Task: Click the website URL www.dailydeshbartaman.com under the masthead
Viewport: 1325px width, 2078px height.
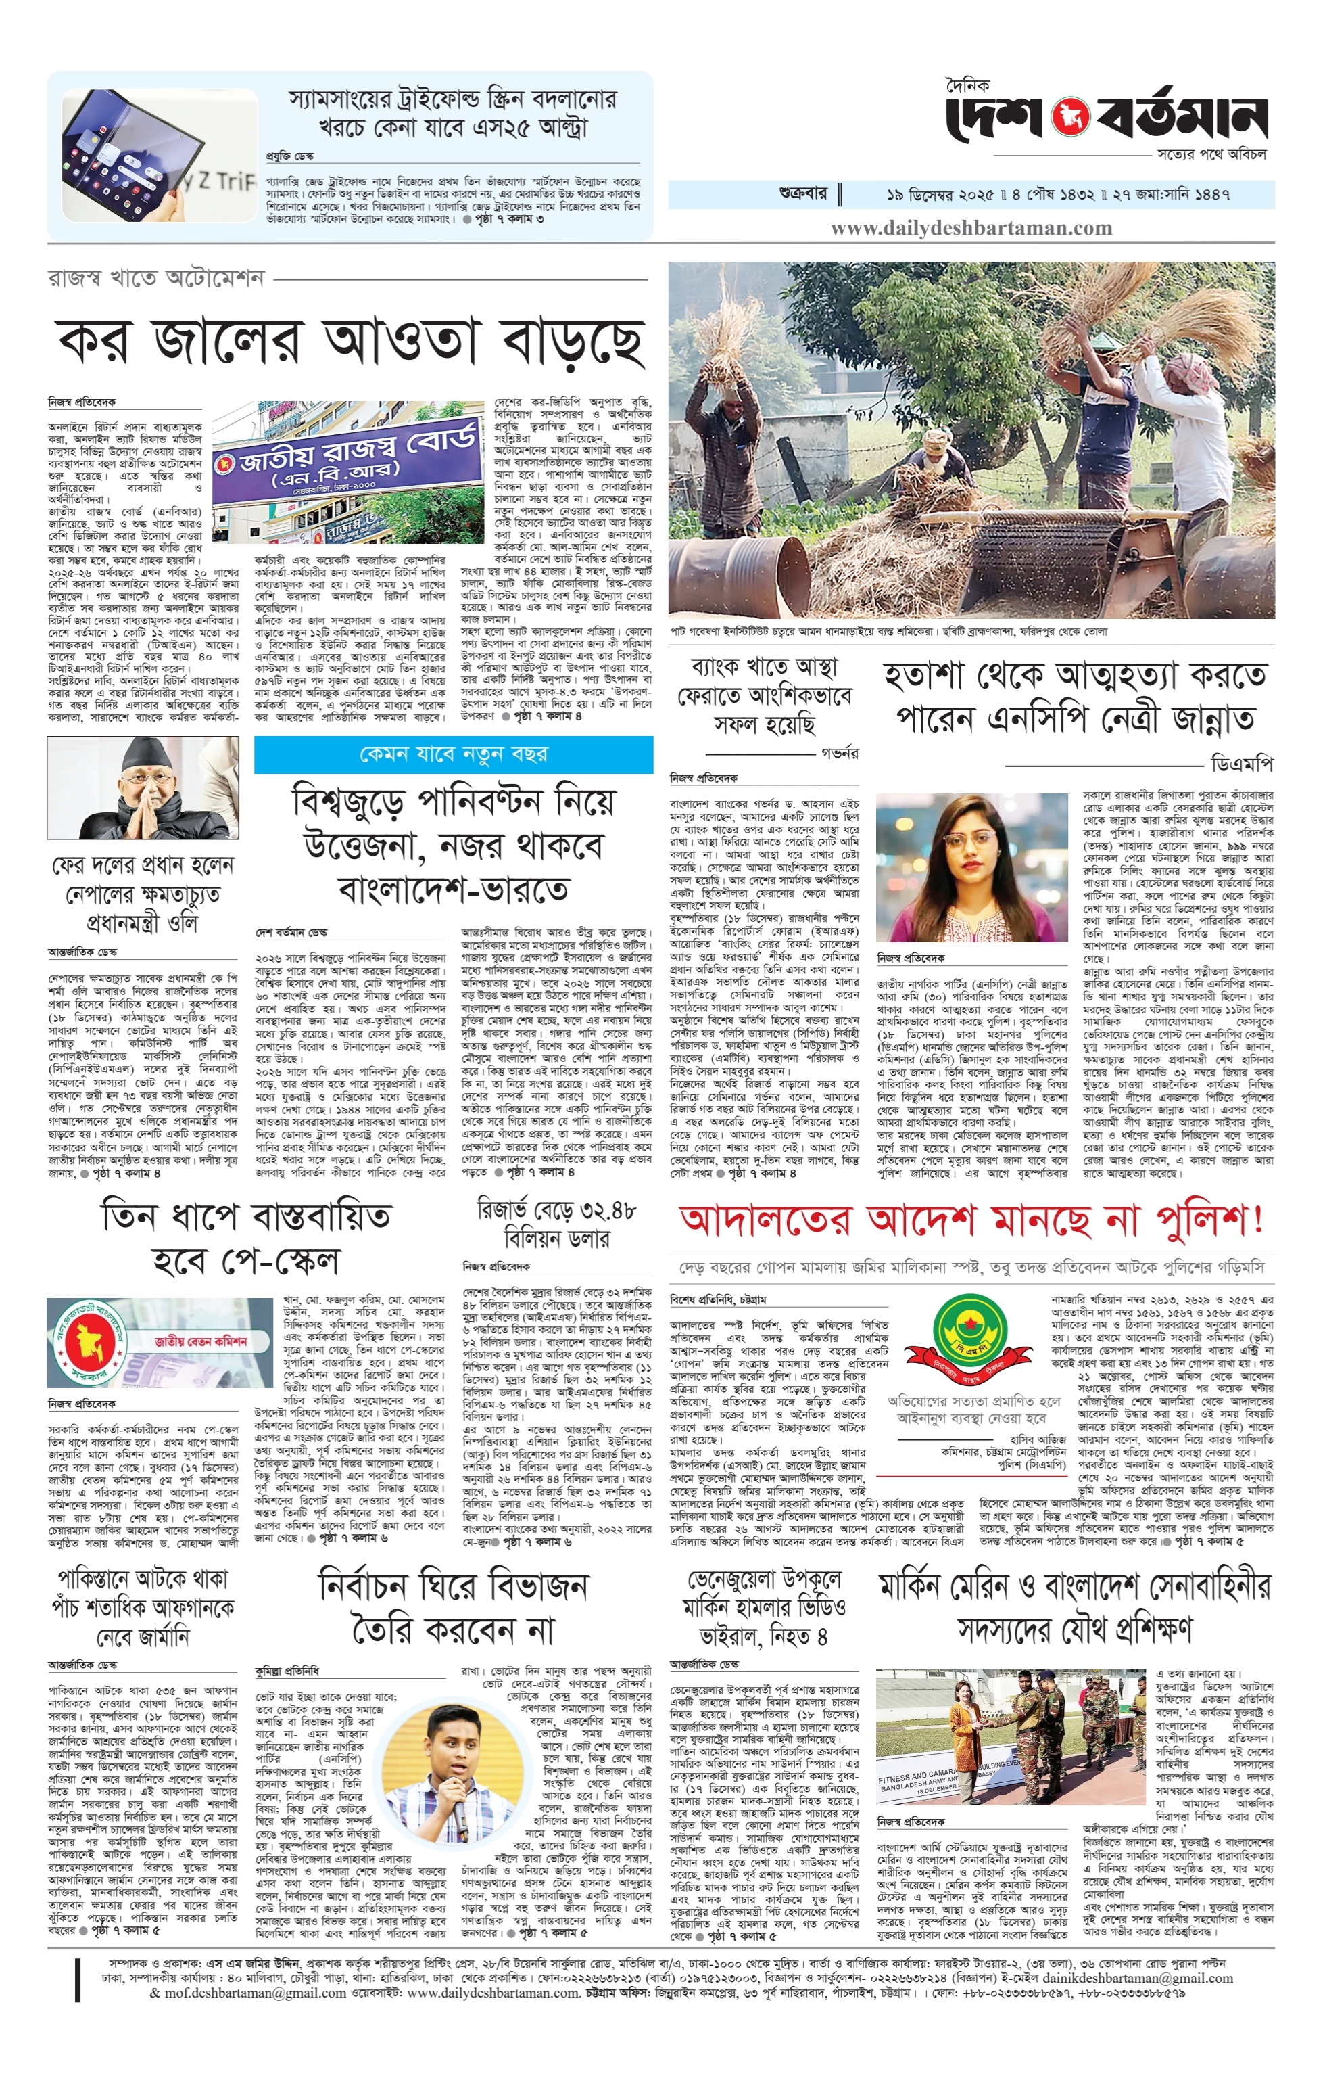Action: [971, 229]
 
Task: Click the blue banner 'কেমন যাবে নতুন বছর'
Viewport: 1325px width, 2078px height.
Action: [453, 755]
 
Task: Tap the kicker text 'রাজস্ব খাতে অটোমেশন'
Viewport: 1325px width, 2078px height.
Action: [155, 279]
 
